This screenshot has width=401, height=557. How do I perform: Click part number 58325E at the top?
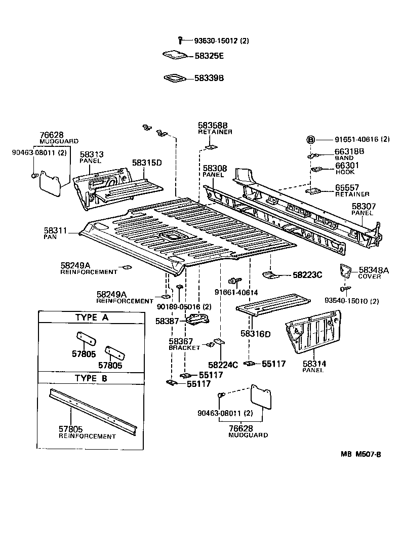[x=209, y=55]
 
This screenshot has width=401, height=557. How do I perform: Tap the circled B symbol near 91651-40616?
[x=311, y=140]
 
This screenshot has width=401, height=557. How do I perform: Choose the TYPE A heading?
[x=91, y=317]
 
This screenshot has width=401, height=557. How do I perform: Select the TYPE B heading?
[x=91, y=378]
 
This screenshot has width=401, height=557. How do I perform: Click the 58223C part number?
[x=307, y=275]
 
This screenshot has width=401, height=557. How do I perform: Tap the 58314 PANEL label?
[x=314, y=367]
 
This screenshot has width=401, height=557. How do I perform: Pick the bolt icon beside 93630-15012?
[x=181, y=40]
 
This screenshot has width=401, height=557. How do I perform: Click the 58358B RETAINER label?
[x=215, y=128]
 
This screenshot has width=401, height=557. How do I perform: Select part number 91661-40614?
[x=236, y=292]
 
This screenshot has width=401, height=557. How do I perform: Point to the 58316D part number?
[x=256, y=334]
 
